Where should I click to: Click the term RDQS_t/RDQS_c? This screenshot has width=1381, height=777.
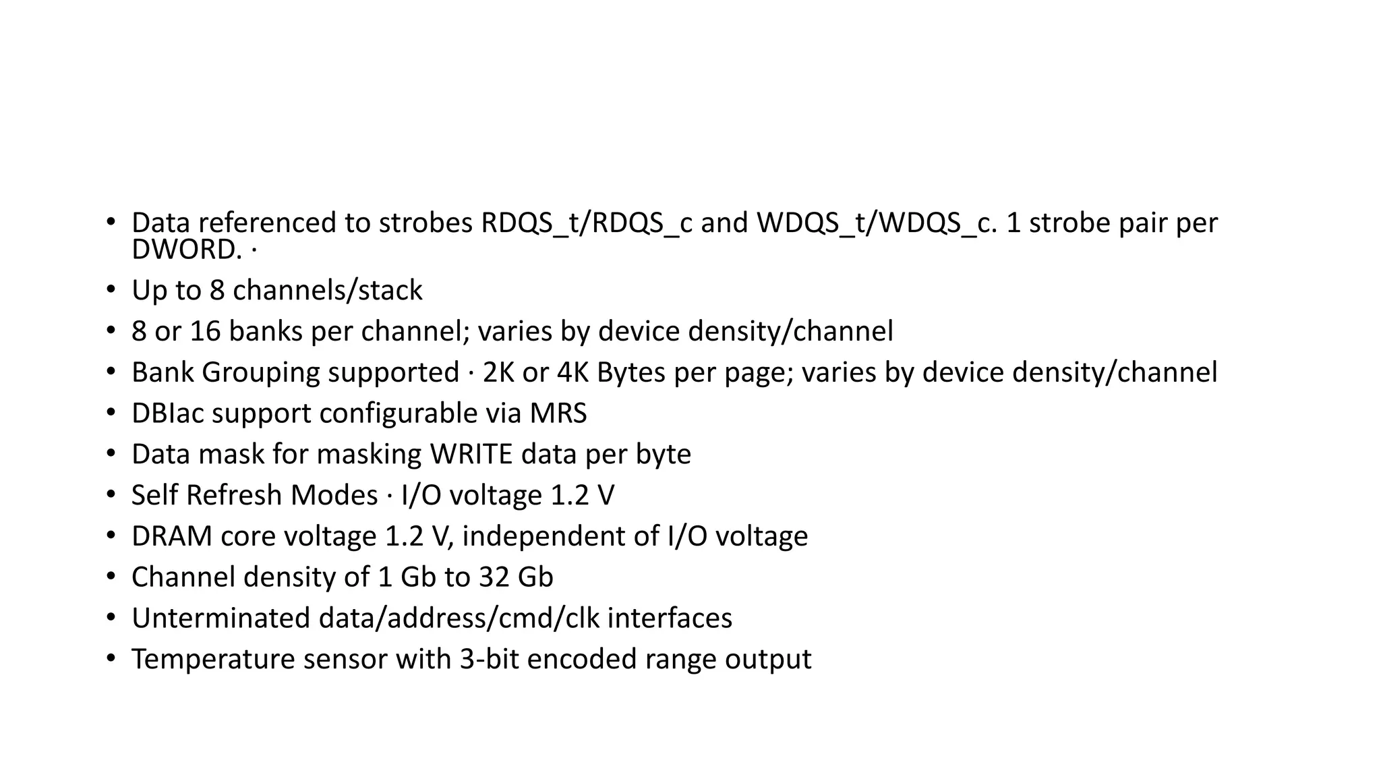click(x=586, y=223)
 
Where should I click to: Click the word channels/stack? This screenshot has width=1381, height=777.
click(x=327, y=291)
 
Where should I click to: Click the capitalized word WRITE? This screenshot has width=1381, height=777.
click(x=471, y=455)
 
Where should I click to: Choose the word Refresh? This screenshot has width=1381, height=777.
click(x=234, y=496)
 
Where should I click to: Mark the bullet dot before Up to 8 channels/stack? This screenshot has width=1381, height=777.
click(x=111, y=291)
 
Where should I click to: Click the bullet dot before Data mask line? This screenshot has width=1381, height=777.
click(x=111, y=455)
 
